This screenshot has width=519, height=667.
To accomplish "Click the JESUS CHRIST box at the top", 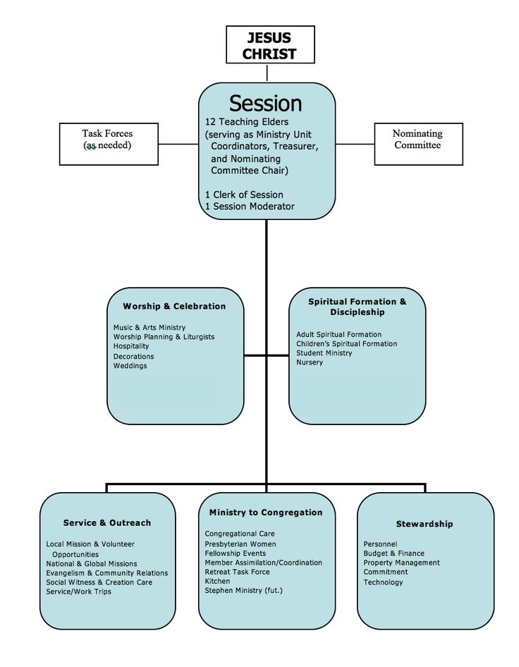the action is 270,44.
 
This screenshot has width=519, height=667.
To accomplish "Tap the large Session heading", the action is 265,104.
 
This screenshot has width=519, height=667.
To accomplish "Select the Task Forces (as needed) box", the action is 109,145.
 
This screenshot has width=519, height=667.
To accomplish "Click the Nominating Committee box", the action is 419,145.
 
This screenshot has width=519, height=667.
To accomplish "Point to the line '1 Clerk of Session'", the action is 244,195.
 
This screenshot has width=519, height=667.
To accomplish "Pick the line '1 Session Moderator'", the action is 250,207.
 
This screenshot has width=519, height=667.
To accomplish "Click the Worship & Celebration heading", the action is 174,306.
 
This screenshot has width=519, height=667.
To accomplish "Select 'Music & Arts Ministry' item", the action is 149,328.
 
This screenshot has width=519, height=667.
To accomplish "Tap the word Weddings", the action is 130,366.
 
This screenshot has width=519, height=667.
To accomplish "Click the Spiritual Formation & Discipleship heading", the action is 358,307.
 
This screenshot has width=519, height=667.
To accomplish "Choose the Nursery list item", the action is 310,362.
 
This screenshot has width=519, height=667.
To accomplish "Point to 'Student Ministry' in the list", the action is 324,353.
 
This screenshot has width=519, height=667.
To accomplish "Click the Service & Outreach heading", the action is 107,522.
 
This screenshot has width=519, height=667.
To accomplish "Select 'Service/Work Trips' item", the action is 79,592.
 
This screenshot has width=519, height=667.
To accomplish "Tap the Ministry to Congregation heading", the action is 266,513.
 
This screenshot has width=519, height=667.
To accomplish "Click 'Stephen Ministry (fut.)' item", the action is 244,590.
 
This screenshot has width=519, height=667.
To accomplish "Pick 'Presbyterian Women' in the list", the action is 240,544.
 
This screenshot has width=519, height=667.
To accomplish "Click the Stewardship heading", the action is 425,524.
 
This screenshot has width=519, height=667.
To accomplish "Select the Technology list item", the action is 384,582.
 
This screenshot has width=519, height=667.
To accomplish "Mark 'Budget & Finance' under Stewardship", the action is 394,553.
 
